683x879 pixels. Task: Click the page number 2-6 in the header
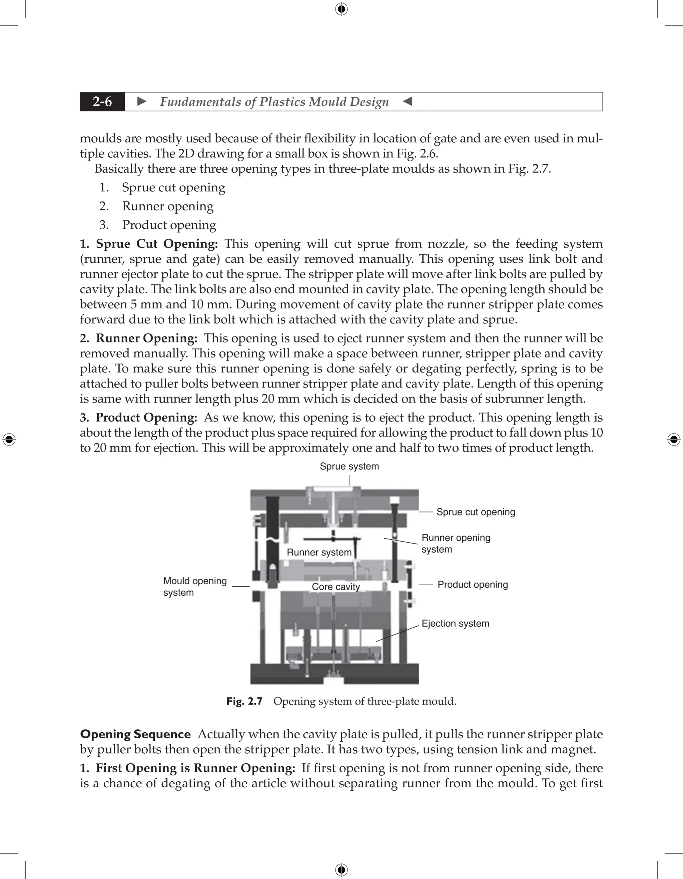click(x=102, y=102)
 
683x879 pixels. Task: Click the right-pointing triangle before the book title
click(x=142, y=101)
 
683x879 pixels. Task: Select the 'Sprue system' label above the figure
click(x=349, y=467)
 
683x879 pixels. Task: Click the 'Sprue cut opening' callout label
click(x=475, y=512)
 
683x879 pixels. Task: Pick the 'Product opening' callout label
click(x=473, y=585)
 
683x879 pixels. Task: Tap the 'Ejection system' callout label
click(x=455, y=624)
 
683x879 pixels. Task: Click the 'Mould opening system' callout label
click(x=195, y=587)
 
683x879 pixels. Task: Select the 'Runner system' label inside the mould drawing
click(x=319, y=552)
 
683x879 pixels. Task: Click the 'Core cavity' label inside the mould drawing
click(x=336, y=587)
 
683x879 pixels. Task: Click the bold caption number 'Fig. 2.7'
click(x=244, y=701)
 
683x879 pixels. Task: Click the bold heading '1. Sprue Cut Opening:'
click(x=149, y=244)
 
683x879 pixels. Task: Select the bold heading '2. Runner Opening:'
click(x=138, y=338)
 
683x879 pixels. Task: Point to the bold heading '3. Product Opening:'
click(x=138, y=417)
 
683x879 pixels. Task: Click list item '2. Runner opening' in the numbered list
click(x=167, y=206)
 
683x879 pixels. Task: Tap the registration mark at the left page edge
click(x=9, y=439)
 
